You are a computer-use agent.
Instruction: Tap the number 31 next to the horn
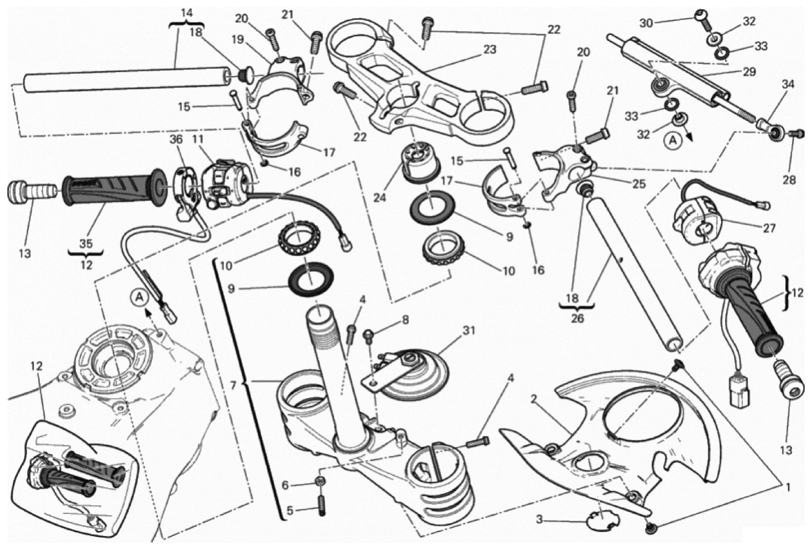(468, 330)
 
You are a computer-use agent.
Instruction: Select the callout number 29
(749, 72)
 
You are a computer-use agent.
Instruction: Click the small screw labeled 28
(795, 133)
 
